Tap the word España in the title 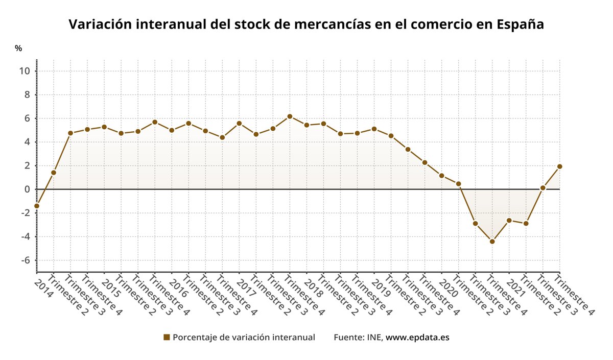520,24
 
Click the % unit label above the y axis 18,49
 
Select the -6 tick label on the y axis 26,260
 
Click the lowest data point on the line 492,242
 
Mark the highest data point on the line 290,116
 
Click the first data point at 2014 37,206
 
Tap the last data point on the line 559,166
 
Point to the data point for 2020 442,176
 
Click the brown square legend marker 166,337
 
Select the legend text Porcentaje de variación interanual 244,338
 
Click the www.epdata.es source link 417,338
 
